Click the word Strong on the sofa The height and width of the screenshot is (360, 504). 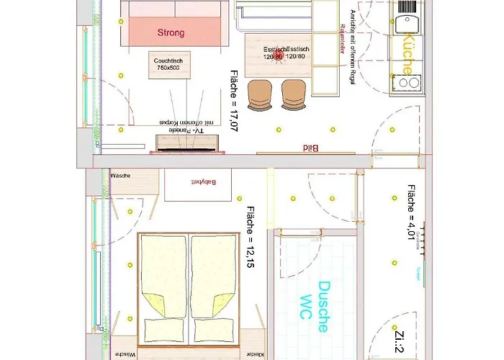pos(171,32)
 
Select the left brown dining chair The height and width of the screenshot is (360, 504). pos(261,94)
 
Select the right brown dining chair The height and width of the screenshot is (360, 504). pos(293,94)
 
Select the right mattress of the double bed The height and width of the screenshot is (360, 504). pos(214,288)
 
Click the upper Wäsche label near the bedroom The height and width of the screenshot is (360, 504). pos(120,175)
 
